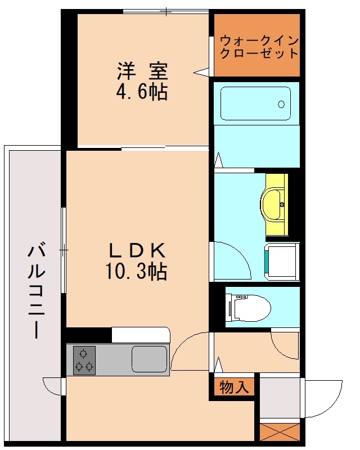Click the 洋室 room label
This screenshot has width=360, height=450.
pyautogui.click(x=142, y=71)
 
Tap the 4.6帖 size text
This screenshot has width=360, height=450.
pyautogui.click(x=142, y=92)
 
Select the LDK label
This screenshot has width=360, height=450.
pyautogui.click(x=137, y=250)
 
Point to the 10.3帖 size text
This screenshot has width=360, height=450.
pyautogui.click(x=136, y=271)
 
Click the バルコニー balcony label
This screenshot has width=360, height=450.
pyautogui.click(x=37, y=290)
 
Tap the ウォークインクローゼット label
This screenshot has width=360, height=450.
pyautogui.click(x=259, y=47)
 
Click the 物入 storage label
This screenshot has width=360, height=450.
pyautogui.click(x=233, y=387)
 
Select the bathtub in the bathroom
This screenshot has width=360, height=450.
pyautogui.click(x=255, y=103)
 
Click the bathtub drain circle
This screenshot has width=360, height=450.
pyautogui.click(x=281, y=104)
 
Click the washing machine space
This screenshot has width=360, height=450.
pyautogui.click(x=282, y=262)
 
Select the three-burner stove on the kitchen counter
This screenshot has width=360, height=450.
pyautogui.click(x=84, y=360)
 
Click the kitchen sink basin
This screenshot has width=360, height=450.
pyautogui.click(x=149, y=359)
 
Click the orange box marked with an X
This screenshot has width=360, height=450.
pyautogui.click(x=280, y=432)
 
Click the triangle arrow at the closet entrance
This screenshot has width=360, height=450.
pyautogui.click(x=201, y=72)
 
